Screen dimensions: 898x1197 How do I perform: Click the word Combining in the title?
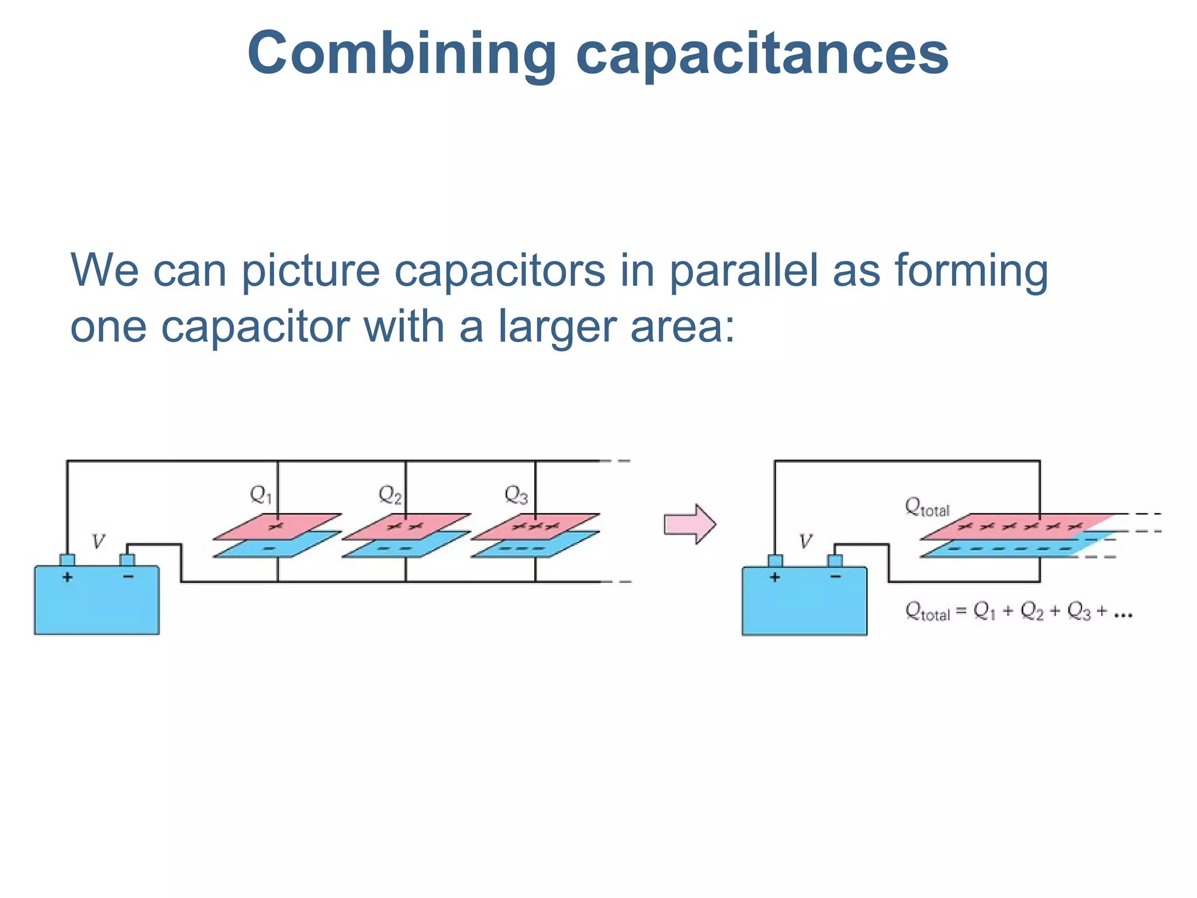pos(402,54)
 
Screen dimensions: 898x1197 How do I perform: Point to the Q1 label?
pos(260,495)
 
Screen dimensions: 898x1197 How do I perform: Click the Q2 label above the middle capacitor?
pos(389,495)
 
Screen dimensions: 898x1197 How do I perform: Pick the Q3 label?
pos(516,495)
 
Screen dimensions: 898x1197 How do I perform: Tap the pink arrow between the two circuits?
pos(690,524)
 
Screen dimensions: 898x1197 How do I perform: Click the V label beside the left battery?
pos(98,541)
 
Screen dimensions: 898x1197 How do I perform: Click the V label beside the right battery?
pos(805,541)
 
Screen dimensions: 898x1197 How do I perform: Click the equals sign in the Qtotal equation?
pos(961,613)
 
